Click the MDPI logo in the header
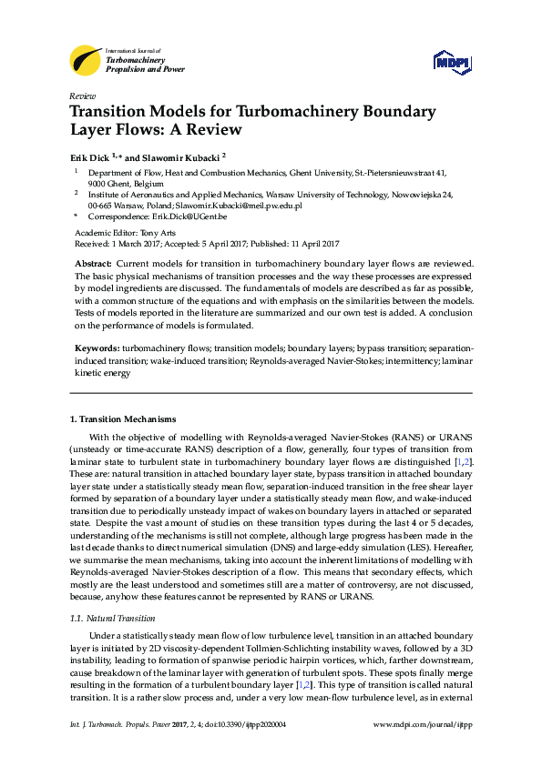pos(451,62)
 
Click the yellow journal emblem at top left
pos(86,60)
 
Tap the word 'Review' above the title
pos(82,96)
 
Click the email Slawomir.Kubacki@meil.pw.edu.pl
pos(252,206)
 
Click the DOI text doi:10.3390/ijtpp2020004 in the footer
pos(248,751)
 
